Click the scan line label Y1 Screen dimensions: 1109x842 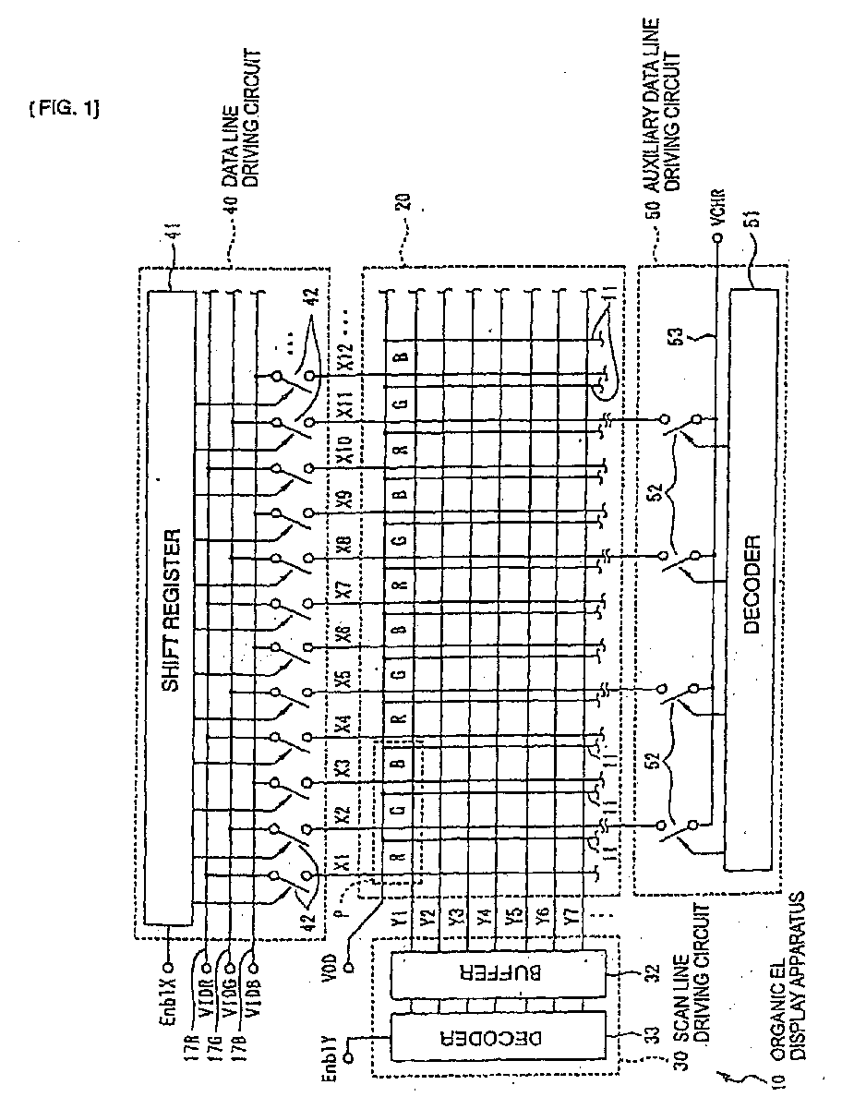(399, 921)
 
